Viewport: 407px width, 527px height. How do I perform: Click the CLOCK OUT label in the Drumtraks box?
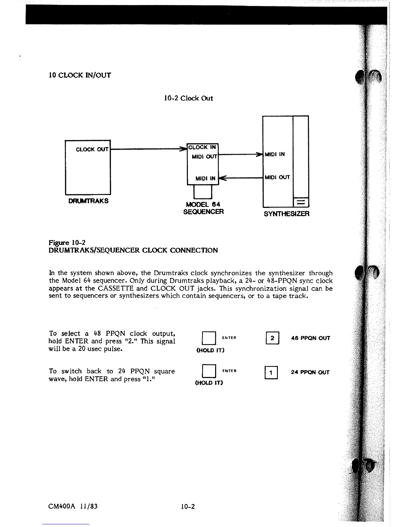coord(92,149)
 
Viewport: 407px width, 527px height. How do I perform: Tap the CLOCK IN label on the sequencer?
coord(202,147)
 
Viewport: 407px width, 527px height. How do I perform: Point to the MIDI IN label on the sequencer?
coord(205,179)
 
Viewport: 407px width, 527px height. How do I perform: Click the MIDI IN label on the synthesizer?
coord(275,154)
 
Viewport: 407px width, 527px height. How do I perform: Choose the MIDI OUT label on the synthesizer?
coord(277,177)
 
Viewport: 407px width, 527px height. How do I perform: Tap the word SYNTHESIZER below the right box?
coord(286,214)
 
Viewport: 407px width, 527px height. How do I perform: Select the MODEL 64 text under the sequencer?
coord(203,204)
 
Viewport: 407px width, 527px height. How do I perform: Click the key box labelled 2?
coord(272,338)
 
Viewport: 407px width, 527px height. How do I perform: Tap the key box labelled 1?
coord(271,373)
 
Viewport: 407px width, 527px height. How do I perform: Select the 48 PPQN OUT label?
coord(310,338)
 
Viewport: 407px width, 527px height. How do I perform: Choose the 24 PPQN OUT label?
coord(310,373)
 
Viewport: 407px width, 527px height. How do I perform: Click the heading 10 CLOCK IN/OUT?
coord(80,75)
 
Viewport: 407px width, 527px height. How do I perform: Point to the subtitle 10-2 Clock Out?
coord(189,98)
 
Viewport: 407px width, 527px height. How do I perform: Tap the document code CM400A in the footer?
coord(62,506)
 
